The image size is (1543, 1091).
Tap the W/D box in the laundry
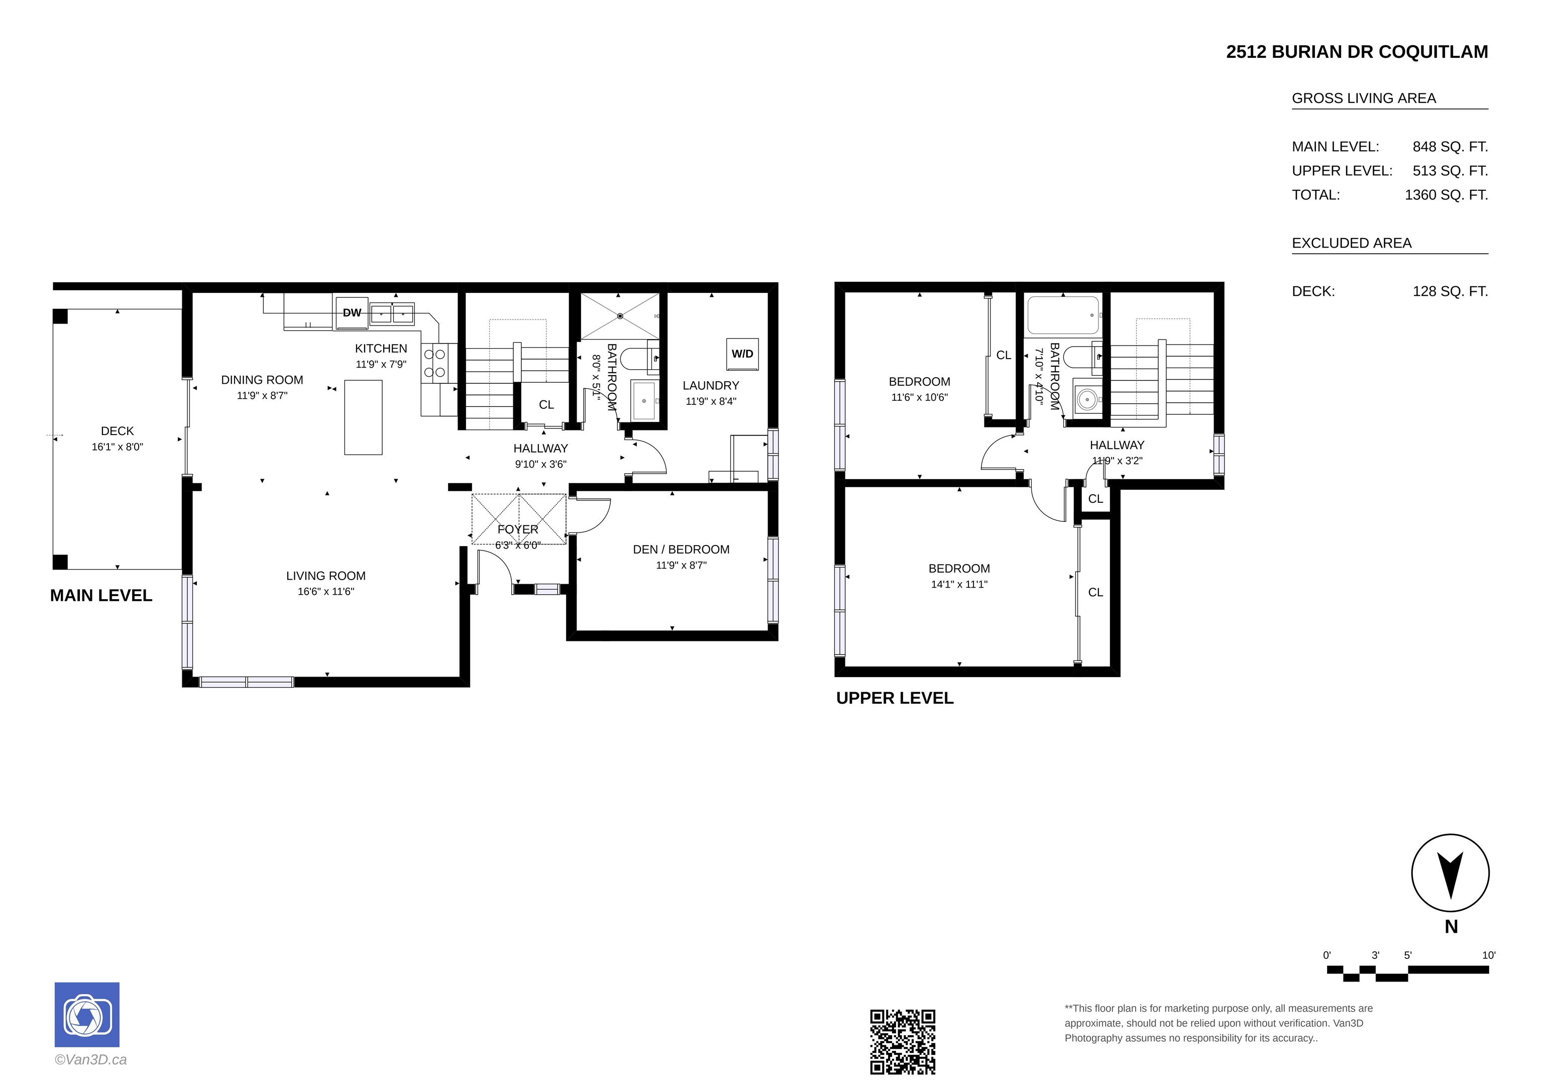[742, 354]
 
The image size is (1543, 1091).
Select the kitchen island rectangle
[363, 417]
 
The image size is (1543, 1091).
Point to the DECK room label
[118, 431]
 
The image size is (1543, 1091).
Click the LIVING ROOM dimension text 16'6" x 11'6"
[326, 592]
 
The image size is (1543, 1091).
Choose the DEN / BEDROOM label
[681, 549]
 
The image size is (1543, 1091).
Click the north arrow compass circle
[1450, 873]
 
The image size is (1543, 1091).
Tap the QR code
[903, 1041]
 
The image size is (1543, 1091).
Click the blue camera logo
[87, 1014]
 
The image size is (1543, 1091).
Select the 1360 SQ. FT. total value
[1446, 195]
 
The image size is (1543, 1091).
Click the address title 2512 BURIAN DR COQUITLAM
[1357, 52]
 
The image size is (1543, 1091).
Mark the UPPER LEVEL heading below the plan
[895, 698]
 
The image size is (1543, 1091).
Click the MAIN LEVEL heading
[101, 596]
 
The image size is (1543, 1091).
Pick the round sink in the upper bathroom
[1087, 400]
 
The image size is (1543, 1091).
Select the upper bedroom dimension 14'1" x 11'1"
[959, 584]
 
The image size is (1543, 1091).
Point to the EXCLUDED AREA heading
[1352, 243]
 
